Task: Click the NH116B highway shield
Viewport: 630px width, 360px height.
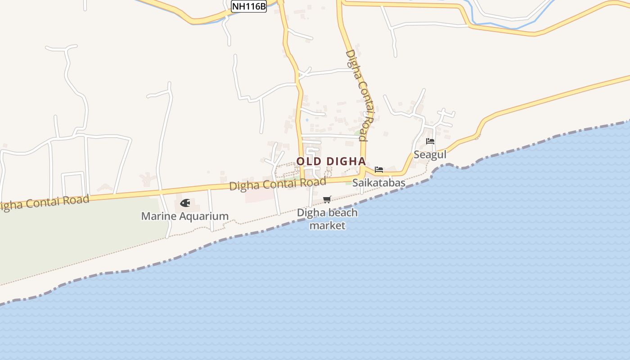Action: pos(249,6)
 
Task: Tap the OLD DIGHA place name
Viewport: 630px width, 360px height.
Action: pos(331,161)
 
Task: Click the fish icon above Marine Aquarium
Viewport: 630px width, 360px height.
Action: pos(185,203)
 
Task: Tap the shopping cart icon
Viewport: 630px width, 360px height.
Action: pos(327,199)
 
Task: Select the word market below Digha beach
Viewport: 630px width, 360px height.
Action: pos(327,225)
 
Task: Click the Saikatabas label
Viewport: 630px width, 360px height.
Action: pos(378,183)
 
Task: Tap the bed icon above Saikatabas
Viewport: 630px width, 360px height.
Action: pos(379,170)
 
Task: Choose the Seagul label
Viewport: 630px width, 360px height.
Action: pos(430,155)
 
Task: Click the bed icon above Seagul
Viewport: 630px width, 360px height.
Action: pos(430,141)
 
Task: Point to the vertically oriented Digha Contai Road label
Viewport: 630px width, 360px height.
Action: pos(360,95)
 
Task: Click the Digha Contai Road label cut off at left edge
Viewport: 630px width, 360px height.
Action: pos(45,202)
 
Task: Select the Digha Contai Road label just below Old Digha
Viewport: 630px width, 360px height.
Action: pos(277,184)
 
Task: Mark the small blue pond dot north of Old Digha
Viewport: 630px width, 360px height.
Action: pos(307,120)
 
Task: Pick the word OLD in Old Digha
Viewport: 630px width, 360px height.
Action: pos(308,161)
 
